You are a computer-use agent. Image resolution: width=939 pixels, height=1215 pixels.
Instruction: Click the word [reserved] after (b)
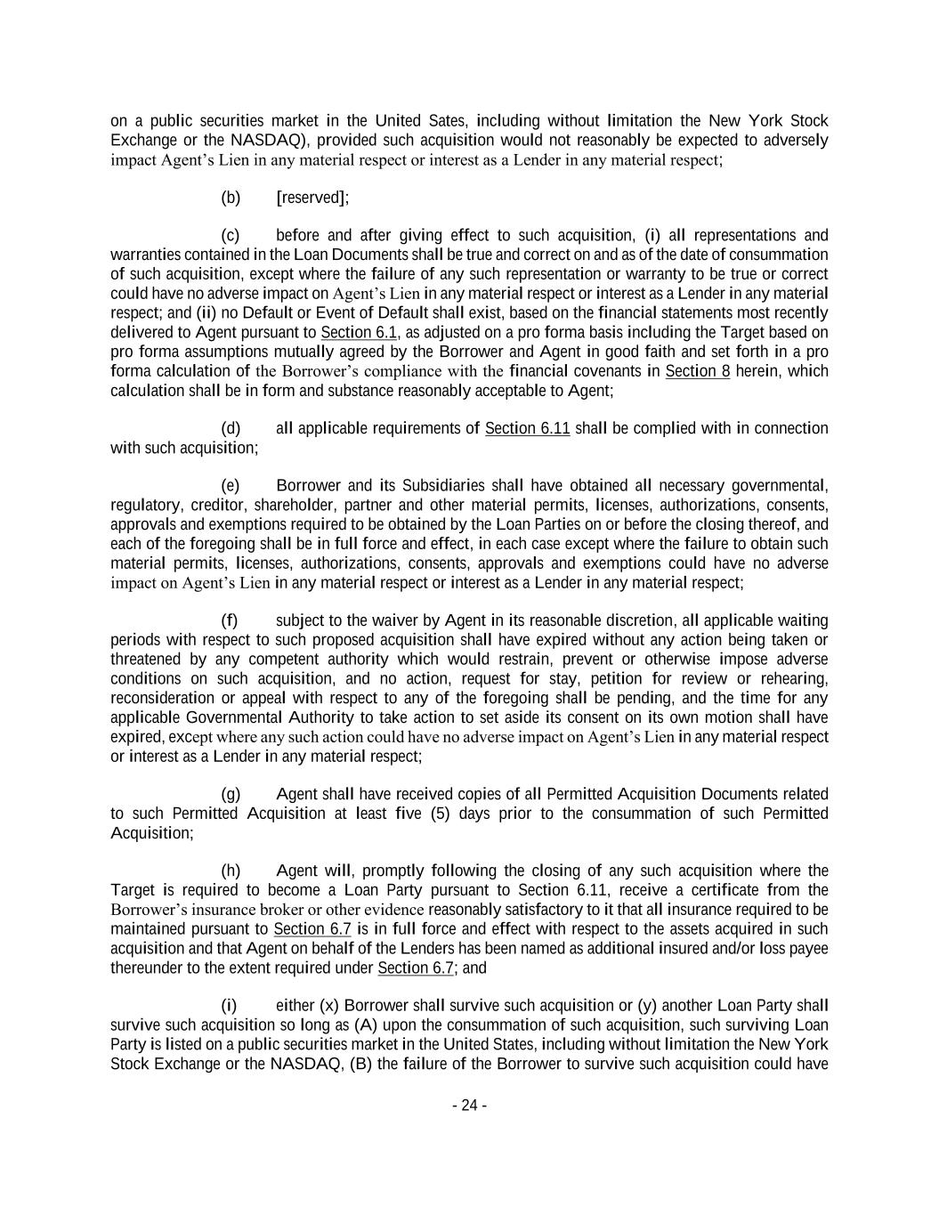tap(312, 198)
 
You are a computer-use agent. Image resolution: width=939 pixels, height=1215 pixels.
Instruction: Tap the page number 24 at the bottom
tap(469, 1106)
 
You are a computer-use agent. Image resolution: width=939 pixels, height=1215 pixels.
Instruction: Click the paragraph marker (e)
tap(231, 486)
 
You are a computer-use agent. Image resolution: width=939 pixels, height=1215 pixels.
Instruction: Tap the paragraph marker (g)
tap(231, 794)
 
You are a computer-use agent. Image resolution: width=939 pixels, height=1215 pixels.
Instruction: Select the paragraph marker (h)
tap(231, 871)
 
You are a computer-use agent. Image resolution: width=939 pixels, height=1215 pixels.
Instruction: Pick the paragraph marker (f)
tap(230, 620)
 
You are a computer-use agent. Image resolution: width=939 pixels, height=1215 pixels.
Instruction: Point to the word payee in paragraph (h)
tap(809, 948)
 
